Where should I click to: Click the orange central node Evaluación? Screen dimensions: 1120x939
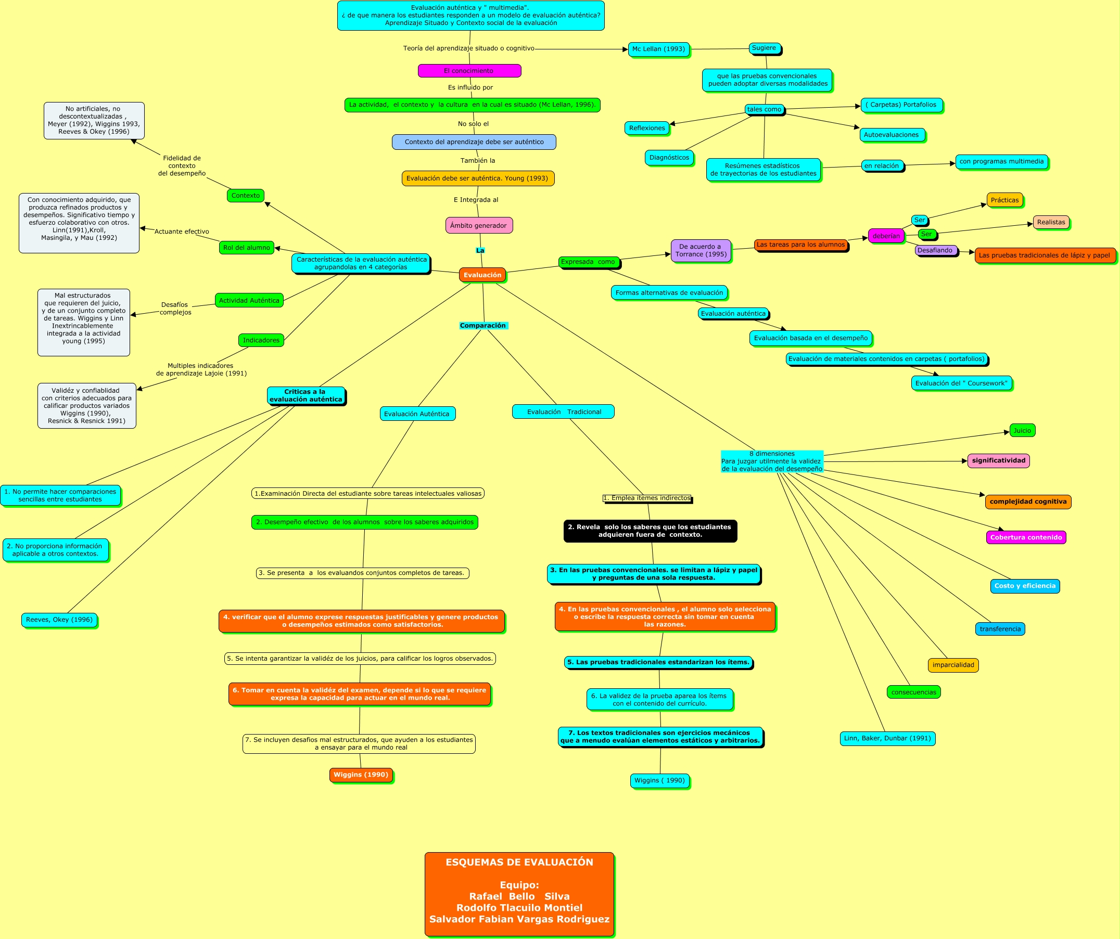(x=482, y=275)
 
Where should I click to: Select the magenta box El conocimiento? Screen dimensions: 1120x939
(x=469, y=71)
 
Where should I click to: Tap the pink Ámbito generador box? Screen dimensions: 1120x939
(x=479, y=226)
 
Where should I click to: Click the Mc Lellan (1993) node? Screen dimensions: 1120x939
(x=659, y=49)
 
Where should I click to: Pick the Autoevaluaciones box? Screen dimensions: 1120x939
(x=892, y=135)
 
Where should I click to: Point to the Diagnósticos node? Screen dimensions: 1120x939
(x=669, y=158)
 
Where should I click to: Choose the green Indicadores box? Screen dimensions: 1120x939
(x=261, y=340)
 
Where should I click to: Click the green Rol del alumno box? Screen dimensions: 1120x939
(x=246, y=248)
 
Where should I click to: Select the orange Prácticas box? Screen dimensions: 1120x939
(x=1005, y=200)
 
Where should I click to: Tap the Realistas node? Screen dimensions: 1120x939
(x=1051, y=222)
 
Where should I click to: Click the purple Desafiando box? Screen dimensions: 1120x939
(x=935, y=250)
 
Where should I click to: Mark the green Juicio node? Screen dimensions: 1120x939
(x=1022, y=430)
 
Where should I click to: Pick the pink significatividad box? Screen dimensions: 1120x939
(x=998, y=461)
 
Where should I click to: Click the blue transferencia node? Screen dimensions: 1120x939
(x=1000, y=629)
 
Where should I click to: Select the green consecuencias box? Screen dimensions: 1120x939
(x=913, y=692)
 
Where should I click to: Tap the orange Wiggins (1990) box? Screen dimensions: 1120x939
(x=361, y=775)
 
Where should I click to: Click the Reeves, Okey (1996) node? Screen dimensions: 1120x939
(x=59, y=620)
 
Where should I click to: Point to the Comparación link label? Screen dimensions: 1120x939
(x=483, y=326)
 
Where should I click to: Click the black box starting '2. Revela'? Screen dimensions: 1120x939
(x=650, y=531)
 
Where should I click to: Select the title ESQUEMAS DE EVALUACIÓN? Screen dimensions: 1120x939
(x=519, y=861)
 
